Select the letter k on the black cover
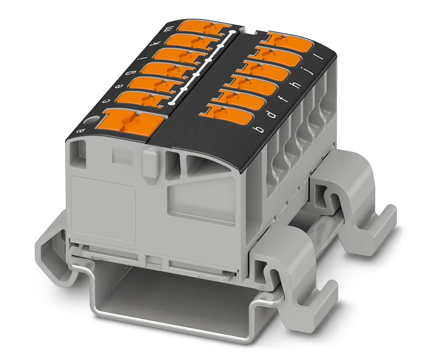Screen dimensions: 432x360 tap(157, 43)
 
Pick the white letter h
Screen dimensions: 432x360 tap(297, 85)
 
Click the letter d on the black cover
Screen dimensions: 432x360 tap(272, 114)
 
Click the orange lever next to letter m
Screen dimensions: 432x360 tap(204, 28)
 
